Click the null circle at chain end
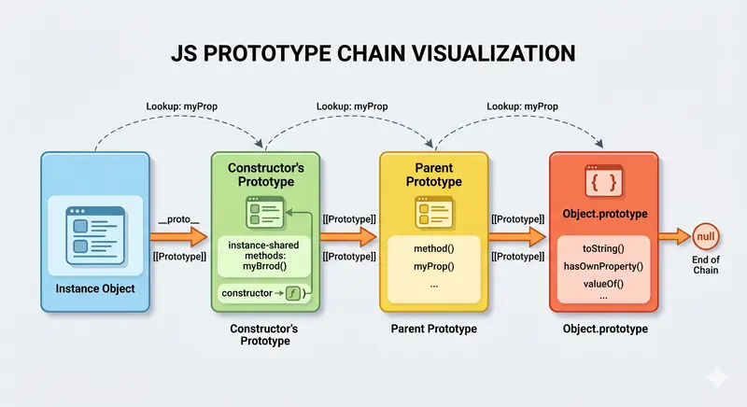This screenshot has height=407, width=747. tap(707, 237)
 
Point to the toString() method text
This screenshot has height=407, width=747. tap(602, 249)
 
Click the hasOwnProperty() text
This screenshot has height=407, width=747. tap(603, 266)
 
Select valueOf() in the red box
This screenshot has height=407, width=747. tap(602, 284)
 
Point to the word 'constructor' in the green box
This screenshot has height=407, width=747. tap(248, 294)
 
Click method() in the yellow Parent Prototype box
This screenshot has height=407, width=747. tap(432, 249)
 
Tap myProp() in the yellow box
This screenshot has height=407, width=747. tap(432, 267)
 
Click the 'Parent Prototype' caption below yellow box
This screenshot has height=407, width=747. tap(432, 330)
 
